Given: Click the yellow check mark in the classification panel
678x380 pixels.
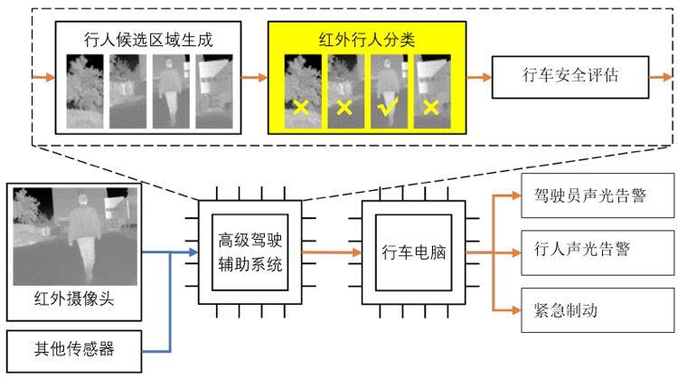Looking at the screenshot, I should [389, 108].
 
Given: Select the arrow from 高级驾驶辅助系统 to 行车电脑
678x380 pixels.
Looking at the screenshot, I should [329, 252].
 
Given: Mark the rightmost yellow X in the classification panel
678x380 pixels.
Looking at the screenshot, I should [430, 108].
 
